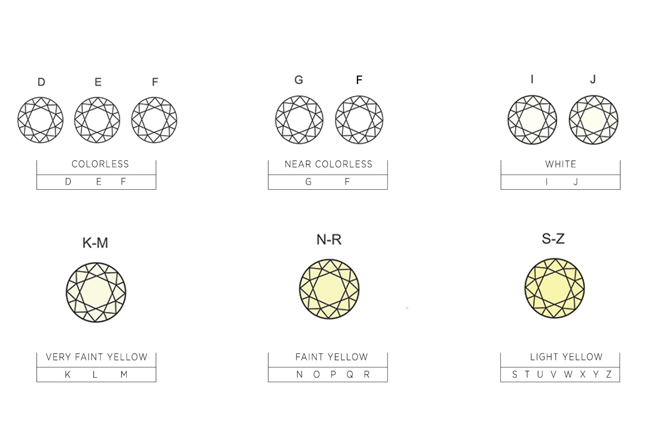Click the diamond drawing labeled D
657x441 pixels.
(x=40, y=120)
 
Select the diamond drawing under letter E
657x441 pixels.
(x=97, y=120)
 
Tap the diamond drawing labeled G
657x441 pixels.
(x=299, y=120)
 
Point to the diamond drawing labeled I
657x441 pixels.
(x=532, y=120)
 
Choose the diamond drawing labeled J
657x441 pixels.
(x=594, y=120)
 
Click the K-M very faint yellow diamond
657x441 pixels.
(x=96, y=292)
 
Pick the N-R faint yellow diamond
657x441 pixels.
(x=329, y=289)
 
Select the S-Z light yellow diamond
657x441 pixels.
(x=555, y=288)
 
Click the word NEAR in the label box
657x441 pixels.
(x=297, y=164)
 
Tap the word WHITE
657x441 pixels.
(x=561, y=164)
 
